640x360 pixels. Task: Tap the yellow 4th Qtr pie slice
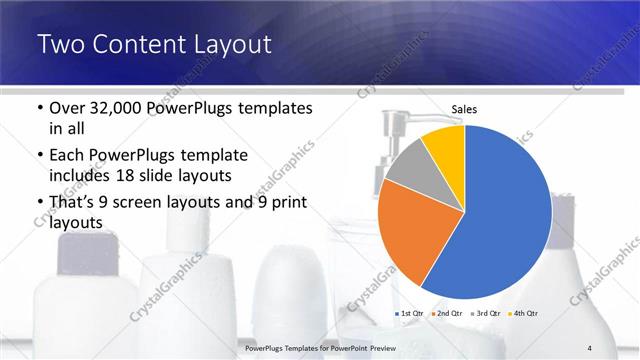[x=443, y=142]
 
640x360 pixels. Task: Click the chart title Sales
[x=464, y=110]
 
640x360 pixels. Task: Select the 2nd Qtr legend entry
[x=445, y=314]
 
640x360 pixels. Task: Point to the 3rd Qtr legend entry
[x=483, y=314]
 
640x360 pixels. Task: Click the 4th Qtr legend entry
[x=520, y=314]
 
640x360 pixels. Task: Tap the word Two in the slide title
[x=62, y=45]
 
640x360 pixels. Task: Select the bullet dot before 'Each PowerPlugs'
[x=39, y=156]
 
